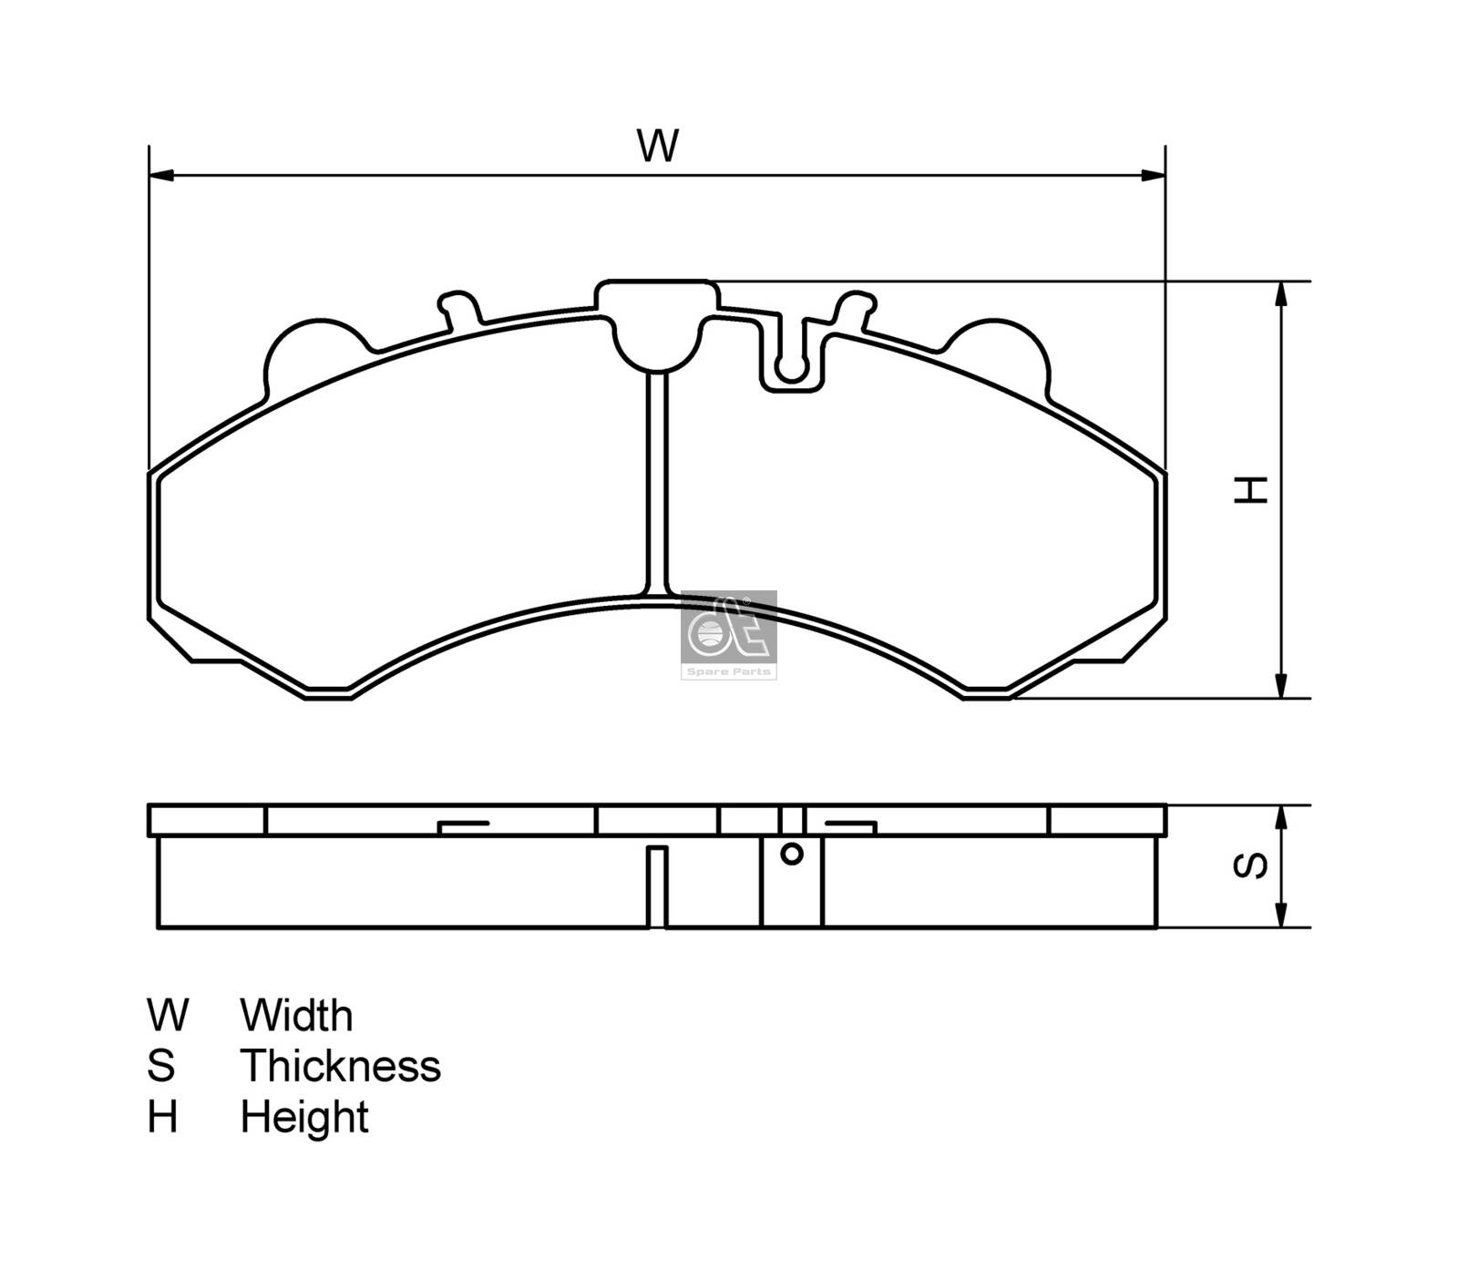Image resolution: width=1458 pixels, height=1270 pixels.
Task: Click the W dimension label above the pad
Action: (658, 146)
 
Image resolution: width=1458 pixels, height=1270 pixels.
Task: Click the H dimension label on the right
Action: (1250, 489)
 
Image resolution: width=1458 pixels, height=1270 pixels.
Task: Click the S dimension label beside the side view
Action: (1250, 865)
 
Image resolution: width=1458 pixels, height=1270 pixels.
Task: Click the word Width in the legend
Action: (296, 1015)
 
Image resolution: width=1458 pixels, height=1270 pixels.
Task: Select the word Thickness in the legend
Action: (340, 1066)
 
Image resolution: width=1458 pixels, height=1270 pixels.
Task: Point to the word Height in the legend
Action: (304, 1117)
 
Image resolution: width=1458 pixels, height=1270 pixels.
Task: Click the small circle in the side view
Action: (792, 854)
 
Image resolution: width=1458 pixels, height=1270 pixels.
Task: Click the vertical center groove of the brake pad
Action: (657, 483)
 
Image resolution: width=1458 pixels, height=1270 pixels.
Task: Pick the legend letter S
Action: (160, 1066)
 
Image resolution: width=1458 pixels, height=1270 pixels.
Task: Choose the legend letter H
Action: (162, 1117)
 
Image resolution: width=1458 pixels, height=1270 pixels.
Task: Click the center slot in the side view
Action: (657, 886)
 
